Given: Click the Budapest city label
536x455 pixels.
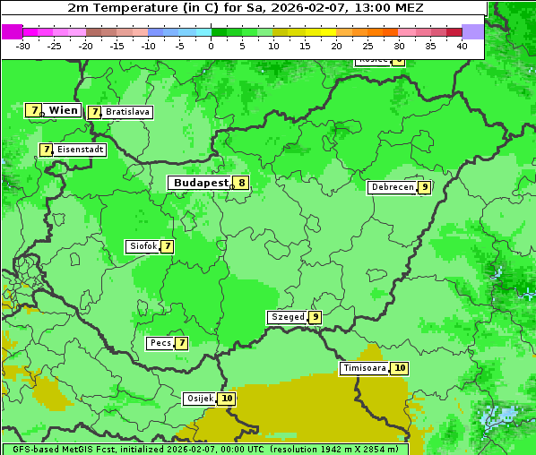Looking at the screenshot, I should coord(201,183).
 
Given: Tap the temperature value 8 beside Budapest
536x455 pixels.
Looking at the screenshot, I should coord(241,183).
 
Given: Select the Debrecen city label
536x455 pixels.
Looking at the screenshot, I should coord(392,187).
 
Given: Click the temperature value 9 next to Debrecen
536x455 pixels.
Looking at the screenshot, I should coord(424,187).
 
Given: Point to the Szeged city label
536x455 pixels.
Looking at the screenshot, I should coord(287,317).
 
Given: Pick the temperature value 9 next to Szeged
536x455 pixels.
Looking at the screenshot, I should coord(315,317).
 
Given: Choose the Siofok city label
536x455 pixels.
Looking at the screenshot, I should coord(143,246).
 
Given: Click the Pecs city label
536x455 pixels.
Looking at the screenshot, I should coord(160,343).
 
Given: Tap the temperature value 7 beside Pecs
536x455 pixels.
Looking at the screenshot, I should coord(181,343).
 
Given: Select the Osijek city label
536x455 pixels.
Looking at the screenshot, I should coord(200,399).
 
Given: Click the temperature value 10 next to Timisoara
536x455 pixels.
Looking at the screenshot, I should coord(400,368).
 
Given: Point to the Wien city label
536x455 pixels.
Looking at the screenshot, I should coord(63,110).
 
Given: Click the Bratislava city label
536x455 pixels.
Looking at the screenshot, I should coord(127,112).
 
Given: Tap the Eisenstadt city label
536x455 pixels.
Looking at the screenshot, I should coord(81,150).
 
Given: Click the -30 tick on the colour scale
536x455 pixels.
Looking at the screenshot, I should coord(23,46).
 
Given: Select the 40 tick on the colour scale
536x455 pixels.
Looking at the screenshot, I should coord(462,46).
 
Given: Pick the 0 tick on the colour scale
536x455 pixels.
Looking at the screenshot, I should coord(212,46).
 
